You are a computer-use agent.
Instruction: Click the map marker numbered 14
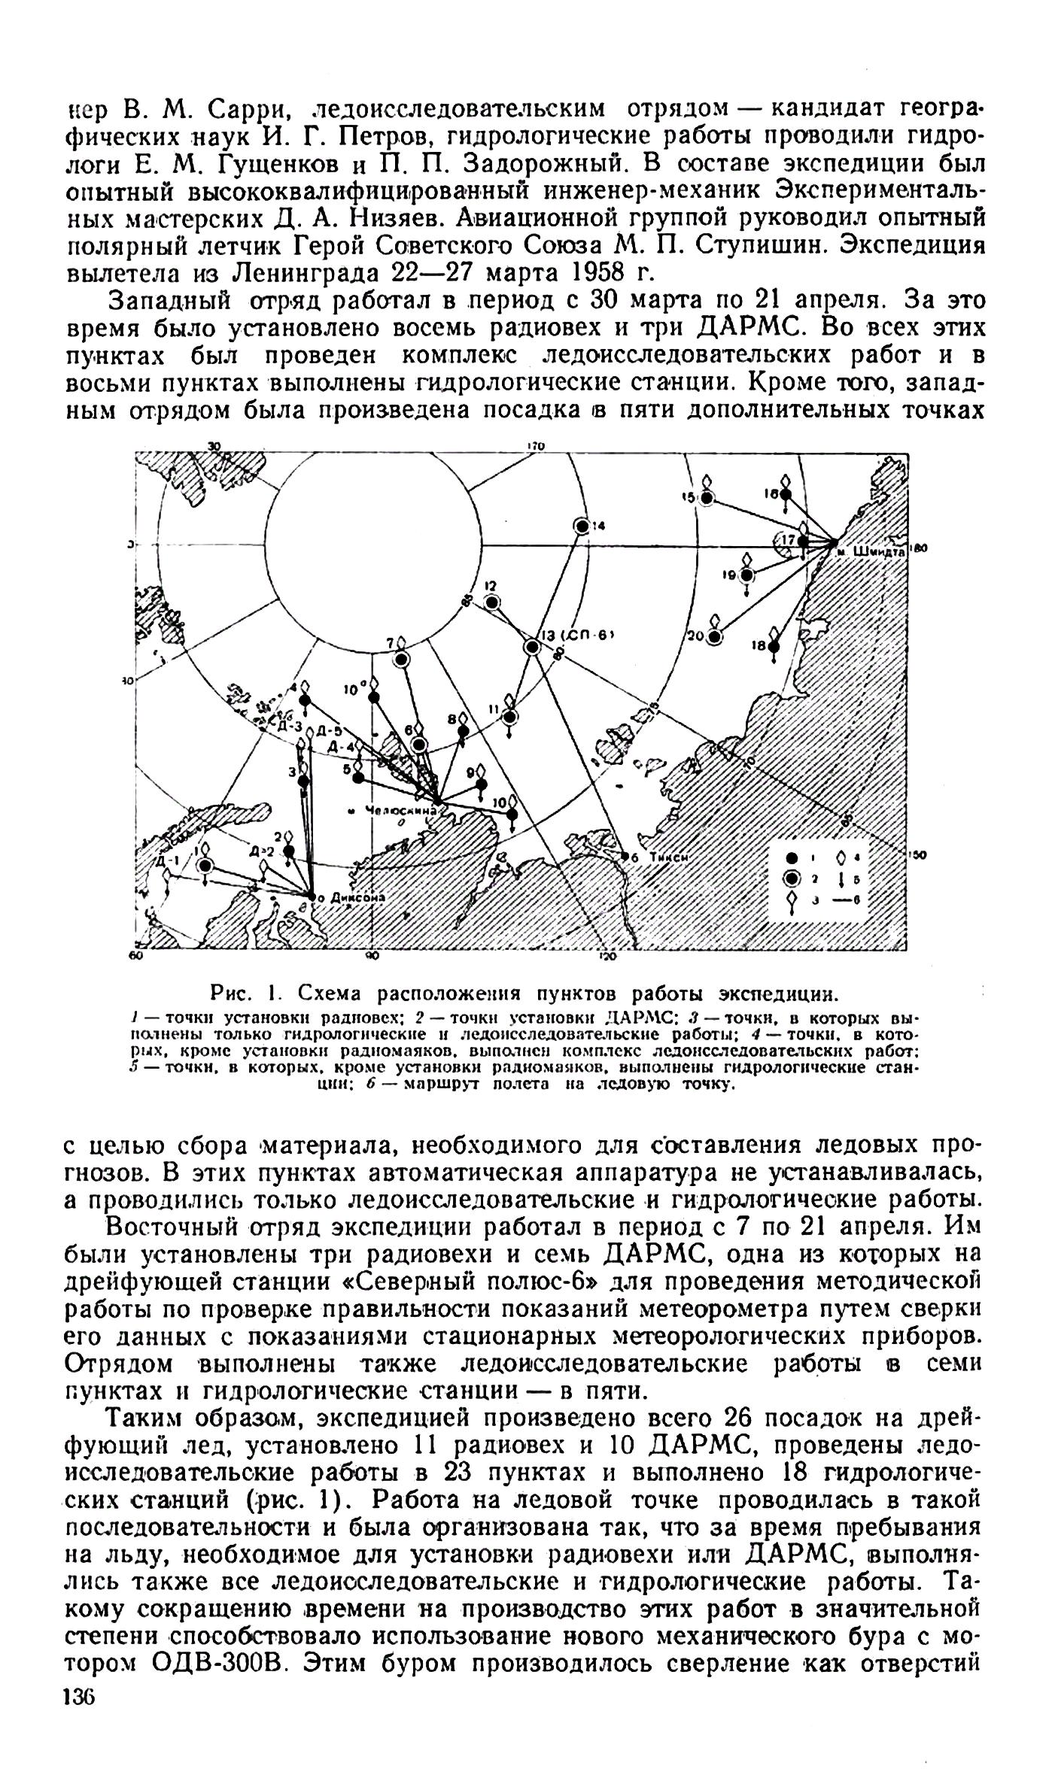tap(581, 526)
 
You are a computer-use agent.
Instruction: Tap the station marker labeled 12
tap(492, 602)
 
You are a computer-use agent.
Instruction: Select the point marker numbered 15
tap(707, 497)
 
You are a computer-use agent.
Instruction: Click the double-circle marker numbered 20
tap(714, 637)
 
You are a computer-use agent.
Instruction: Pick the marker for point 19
tap(746, 575)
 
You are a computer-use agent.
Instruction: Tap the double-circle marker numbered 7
tap(401, 659)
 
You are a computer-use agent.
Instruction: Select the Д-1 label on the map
tap(167, 861)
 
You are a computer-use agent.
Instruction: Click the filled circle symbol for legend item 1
tap(790, 857)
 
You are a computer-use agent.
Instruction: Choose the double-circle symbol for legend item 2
tap(790, 878)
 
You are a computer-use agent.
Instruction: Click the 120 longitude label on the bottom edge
tap(607, 957)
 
